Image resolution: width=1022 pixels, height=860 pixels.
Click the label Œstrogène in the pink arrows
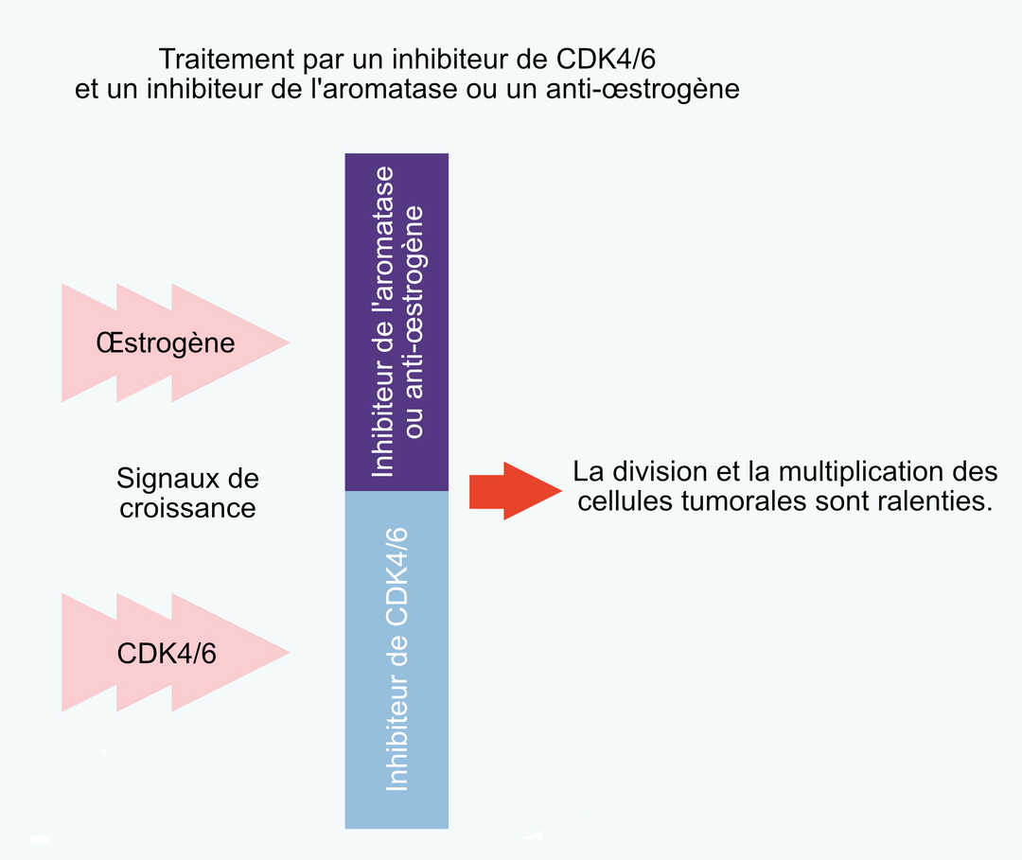pyautogui.click(x=166, y=342)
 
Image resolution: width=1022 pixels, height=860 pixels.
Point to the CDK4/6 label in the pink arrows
pyautogui.click(x=167, y=653)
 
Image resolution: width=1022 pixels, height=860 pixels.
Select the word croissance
pyautogui.click(x=187, y=508)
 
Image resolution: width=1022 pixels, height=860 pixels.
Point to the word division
pyautogui.click(x=659, y=471)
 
